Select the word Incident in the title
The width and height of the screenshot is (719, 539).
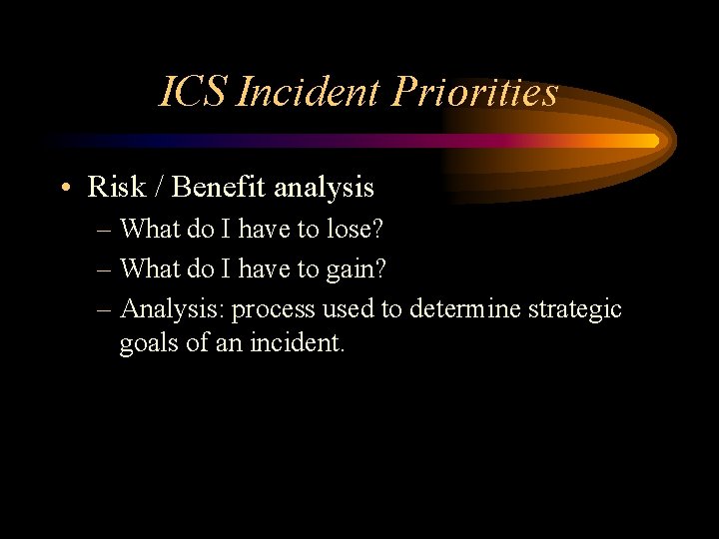(x=310, y=93)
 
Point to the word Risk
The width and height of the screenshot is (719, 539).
(x=115, y=187)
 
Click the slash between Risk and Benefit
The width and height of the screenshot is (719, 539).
(x=158, y=187)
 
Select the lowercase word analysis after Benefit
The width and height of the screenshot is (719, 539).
(x=324, y=188)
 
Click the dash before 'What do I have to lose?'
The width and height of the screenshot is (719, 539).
(x=106, y=230)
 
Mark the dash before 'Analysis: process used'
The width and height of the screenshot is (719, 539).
(x=106, y=310)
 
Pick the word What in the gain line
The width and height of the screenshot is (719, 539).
(x=150, y=269)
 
